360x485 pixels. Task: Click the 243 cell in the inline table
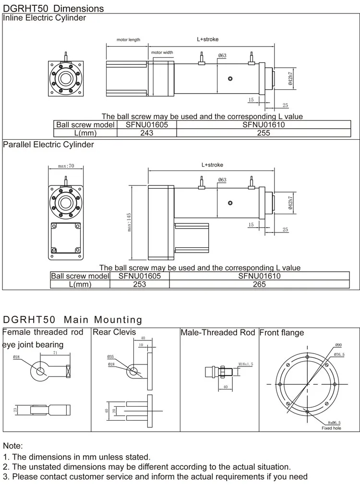146,133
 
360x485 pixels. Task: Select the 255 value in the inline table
264,133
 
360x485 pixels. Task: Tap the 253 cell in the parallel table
139,284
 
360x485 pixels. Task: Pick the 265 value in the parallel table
259,284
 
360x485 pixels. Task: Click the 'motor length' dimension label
128,40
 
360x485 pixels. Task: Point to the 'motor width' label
162,52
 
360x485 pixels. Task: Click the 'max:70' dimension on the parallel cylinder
66,166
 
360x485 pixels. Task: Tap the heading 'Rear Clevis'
114,332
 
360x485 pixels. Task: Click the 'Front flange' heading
282,333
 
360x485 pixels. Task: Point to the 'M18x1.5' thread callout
245,364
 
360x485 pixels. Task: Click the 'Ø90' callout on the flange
338,345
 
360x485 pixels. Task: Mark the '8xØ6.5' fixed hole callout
331,423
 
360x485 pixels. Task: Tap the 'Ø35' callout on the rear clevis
110,357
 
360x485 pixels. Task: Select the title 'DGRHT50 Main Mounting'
73,320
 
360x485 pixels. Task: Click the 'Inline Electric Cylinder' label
45,18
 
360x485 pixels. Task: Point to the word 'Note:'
13,446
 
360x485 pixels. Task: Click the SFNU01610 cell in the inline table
264,125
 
